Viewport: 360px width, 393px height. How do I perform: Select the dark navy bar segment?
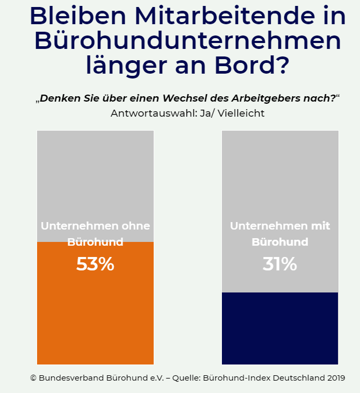click(x=280, y=328)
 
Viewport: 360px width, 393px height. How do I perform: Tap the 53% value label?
click(x=95, y=264)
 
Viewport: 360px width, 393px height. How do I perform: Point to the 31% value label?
click(x=279, y=264)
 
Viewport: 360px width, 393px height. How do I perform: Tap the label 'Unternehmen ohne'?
click(x=95, y=226)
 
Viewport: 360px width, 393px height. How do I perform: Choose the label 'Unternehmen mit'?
click(x=280, y=226)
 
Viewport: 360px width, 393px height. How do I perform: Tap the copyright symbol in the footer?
click(x=33, y=378)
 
